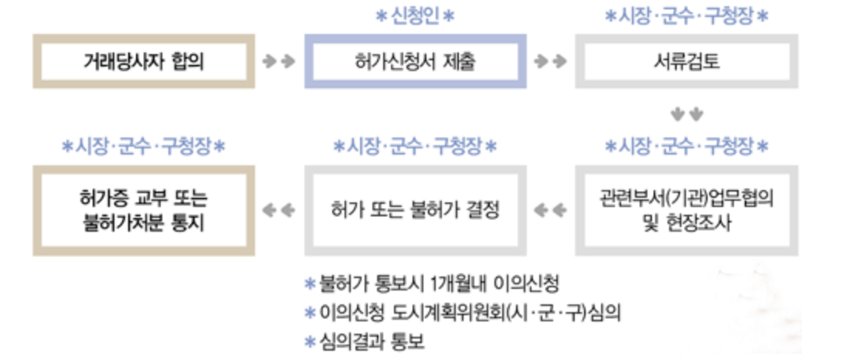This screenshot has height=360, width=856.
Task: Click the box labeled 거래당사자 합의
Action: tap(144, 61)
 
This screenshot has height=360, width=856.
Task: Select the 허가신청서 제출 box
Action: tap(415, 61)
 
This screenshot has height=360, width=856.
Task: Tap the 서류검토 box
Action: tap(686, 61)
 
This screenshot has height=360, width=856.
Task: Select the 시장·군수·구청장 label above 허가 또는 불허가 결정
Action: tap(415, 145)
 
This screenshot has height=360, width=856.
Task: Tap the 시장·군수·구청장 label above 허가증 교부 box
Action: tap(144, 145)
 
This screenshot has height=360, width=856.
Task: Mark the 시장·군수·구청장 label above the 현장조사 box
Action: tap(686, 145)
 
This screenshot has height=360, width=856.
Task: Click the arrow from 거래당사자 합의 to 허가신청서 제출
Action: tap(279, 61)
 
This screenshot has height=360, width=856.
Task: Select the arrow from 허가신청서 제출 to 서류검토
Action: tap(550, 61)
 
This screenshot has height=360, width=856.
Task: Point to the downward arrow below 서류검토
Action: tap(686, 114)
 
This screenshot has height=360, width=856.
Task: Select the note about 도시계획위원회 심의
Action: tap(470, 312)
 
